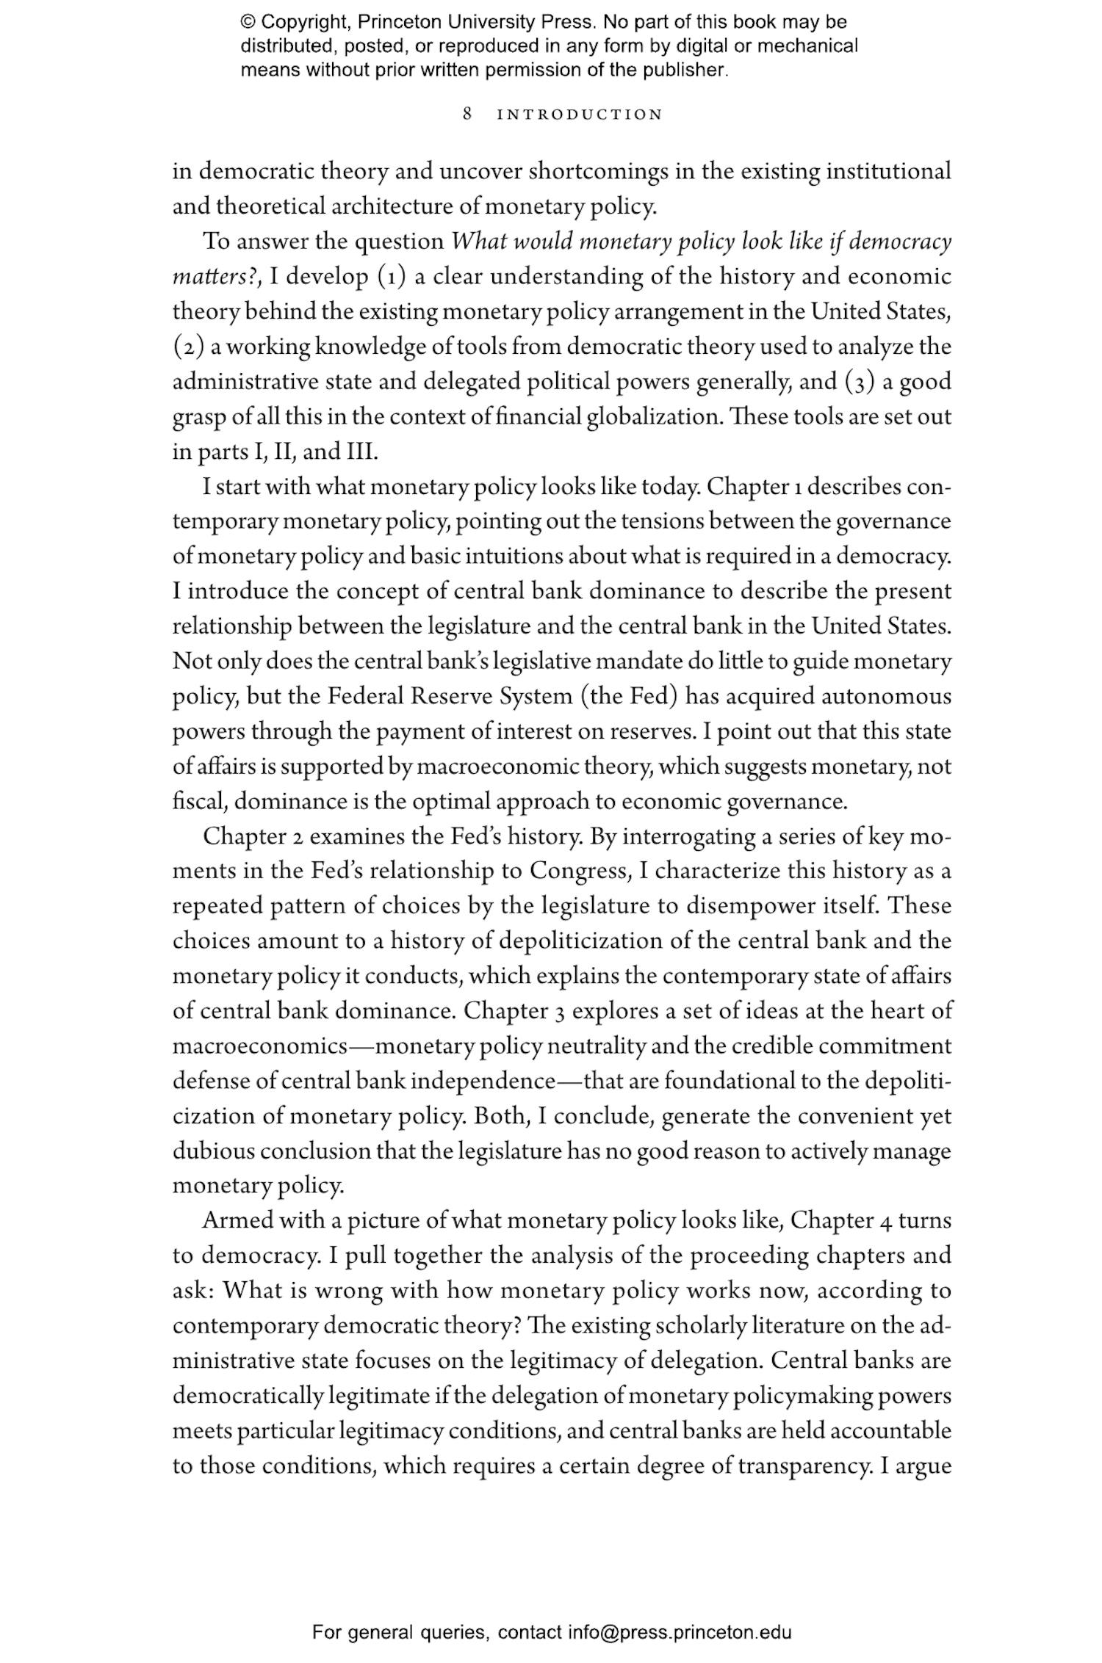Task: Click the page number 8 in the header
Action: point(467,114)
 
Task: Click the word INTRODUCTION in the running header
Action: point(580,115)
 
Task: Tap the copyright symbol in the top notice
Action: point(248,22)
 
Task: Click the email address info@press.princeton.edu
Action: point(679,1632)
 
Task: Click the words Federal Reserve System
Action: point(450,696)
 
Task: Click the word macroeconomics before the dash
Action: point(259,1046)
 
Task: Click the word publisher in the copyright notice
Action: point(689,70)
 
